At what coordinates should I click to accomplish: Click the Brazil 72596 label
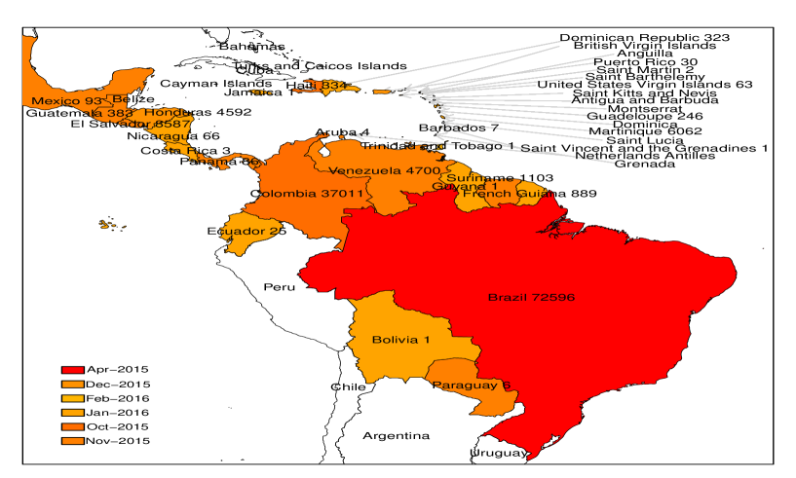click(x=531, y=297)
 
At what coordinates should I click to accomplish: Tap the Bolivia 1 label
click(x=400, y=340)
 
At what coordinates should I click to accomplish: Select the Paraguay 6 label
click(x=472, y=386)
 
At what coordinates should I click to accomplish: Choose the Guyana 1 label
click(x=465, y=185)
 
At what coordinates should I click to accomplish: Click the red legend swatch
click(x=73, y=370)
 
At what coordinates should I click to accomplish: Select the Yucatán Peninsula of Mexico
click(x=133, y=77)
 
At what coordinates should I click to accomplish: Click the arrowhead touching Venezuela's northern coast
click(x=357, y=135)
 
